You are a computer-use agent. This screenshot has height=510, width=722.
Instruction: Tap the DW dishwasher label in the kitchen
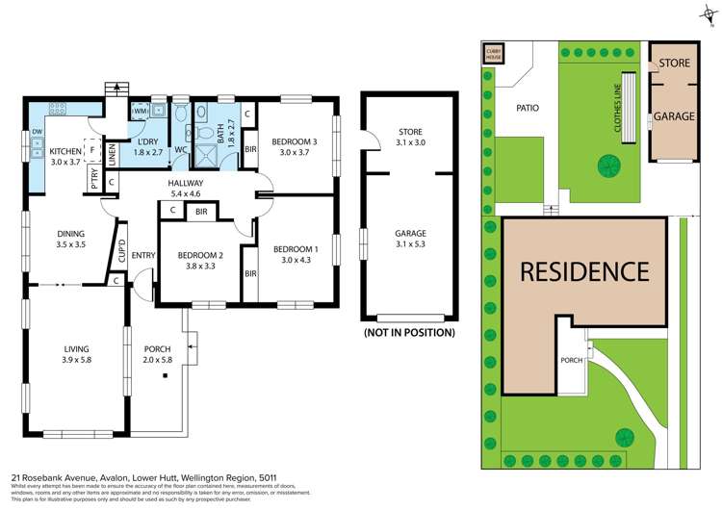[x=37, y=133]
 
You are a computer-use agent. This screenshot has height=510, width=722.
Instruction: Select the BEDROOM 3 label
[x=292, y=141]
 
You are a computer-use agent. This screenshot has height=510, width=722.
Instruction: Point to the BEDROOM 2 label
[x=200, y=256]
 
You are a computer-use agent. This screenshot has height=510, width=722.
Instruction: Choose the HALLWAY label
[x=186, y=184]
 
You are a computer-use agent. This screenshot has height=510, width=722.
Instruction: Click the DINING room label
[x=70, y=233]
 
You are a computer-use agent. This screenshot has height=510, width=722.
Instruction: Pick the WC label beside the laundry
[x=180, y=150]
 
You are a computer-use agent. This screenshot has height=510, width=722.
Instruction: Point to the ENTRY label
[x=143, y=254]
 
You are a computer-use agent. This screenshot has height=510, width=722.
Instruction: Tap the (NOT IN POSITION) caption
[x=409, y=333]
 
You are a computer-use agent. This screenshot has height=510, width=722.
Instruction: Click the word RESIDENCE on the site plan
[x=584, y=271]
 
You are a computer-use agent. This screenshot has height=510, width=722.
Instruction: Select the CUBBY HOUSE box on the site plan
[x=494, y=54]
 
